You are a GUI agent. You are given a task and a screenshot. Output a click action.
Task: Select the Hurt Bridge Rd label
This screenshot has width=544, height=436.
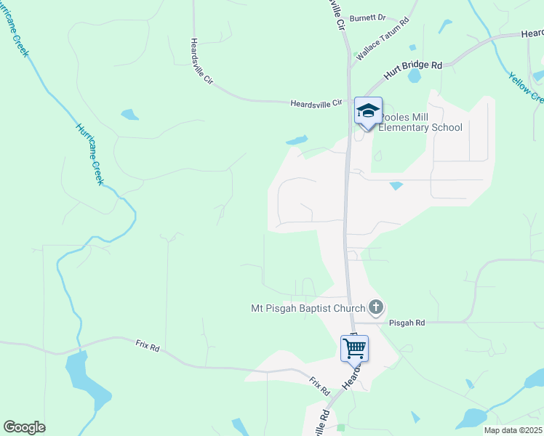tap(413, 70)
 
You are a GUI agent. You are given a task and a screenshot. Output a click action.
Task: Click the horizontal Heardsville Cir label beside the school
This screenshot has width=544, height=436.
tap(316, 104)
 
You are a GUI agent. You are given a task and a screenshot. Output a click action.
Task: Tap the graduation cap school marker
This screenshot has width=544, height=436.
tap(368, 111)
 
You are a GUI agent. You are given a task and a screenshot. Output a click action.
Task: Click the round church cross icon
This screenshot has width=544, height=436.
tap(375, 307)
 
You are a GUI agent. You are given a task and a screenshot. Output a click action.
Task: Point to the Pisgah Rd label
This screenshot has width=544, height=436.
tap(406, 322)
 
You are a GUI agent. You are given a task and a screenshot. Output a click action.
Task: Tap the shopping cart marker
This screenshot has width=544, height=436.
tap(354, 347)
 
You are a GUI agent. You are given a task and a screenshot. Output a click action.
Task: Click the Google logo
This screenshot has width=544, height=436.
tap(24, 427)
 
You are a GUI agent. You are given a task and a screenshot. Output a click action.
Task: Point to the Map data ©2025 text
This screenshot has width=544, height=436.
tap(513, 430)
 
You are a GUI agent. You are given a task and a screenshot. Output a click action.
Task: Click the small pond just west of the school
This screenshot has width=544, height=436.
tap(297, 140)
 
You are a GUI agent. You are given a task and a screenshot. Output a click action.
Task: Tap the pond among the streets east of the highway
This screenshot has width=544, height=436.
tap(396, 186)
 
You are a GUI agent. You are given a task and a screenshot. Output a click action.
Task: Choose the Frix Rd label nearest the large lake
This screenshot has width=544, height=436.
tap(147, 347)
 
